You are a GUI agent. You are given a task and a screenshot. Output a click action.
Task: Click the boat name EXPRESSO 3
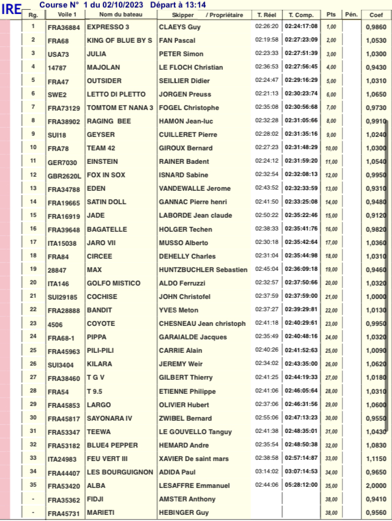(108, 27)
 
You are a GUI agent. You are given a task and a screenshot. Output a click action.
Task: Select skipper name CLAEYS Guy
(180, 27)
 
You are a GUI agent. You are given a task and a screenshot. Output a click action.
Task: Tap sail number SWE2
(57, 95)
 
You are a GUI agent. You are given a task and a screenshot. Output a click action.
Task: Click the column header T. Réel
(266, 14)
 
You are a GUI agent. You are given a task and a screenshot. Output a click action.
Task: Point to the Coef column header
(376, 14)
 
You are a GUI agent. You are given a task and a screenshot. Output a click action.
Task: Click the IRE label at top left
(12, 9)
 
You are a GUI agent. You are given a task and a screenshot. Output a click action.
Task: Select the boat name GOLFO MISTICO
(111, 284)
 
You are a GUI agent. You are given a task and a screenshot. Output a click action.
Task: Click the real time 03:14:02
(266, 472)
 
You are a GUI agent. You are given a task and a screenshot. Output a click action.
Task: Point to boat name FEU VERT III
(107, 459)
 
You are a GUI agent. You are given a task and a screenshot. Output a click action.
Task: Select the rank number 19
(32, 270)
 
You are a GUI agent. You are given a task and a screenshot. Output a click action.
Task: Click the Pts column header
(331, 14)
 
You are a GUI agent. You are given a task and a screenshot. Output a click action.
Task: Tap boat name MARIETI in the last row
(101, 513)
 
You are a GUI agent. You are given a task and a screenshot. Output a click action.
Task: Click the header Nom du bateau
(120, 14)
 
